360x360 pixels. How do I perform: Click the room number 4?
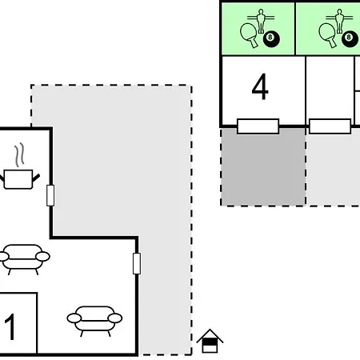click(260, 86)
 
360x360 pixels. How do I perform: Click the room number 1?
click(10, 327)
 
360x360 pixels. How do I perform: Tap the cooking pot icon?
click(18, 179)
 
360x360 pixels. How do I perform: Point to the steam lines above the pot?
click(19, 155)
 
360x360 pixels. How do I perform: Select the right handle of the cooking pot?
click(36, 177)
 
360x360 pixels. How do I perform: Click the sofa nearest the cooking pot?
click(24, 259)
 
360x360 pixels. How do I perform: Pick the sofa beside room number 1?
click(94, 321)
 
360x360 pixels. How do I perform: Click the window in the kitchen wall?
click(50, 195)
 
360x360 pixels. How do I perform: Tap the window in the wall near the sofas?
click(137, 263)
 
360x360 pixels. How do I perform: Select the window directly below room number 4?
click(258, 126)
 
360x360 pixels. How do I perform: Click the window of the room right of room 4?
click(330, 126)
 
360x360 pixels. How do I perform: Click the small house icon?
click(210, 341)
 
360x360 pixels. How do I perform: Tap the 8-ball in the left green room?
click(271, 39)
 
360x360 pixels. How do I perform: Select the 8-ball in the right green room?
click(350, 39)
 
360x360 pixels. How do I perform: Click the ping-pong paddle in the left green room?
click(250, 35)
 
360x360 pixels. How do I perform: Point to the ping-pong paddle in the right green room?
click(328, 35)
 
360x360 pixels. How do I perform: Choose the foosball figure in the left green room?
click(261, 21)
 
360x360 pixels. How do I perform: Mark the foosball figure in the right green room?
click(339, 21)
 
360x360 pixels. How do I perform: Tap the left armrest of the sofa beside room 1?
click(74, 318)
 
